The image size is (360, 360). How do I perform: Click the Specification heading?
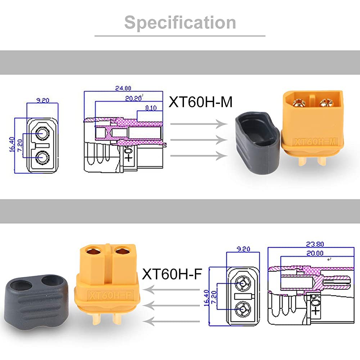[180, 22]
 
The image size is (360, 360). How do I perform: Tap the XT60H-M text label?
[201, 102]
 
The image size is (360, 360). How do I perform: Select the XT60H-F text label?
[172, 274]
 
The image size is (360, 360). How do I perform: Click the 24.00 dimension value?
[123, 88]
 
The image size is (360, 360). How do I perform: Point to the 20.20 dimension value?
[133, 99]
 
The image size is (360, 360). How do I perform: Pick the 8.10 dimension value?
[151, 108]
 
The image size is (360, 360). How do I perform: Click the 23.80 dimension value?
[315, 244]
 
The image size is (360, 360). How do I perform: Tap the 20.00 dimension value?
[315, 253]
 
